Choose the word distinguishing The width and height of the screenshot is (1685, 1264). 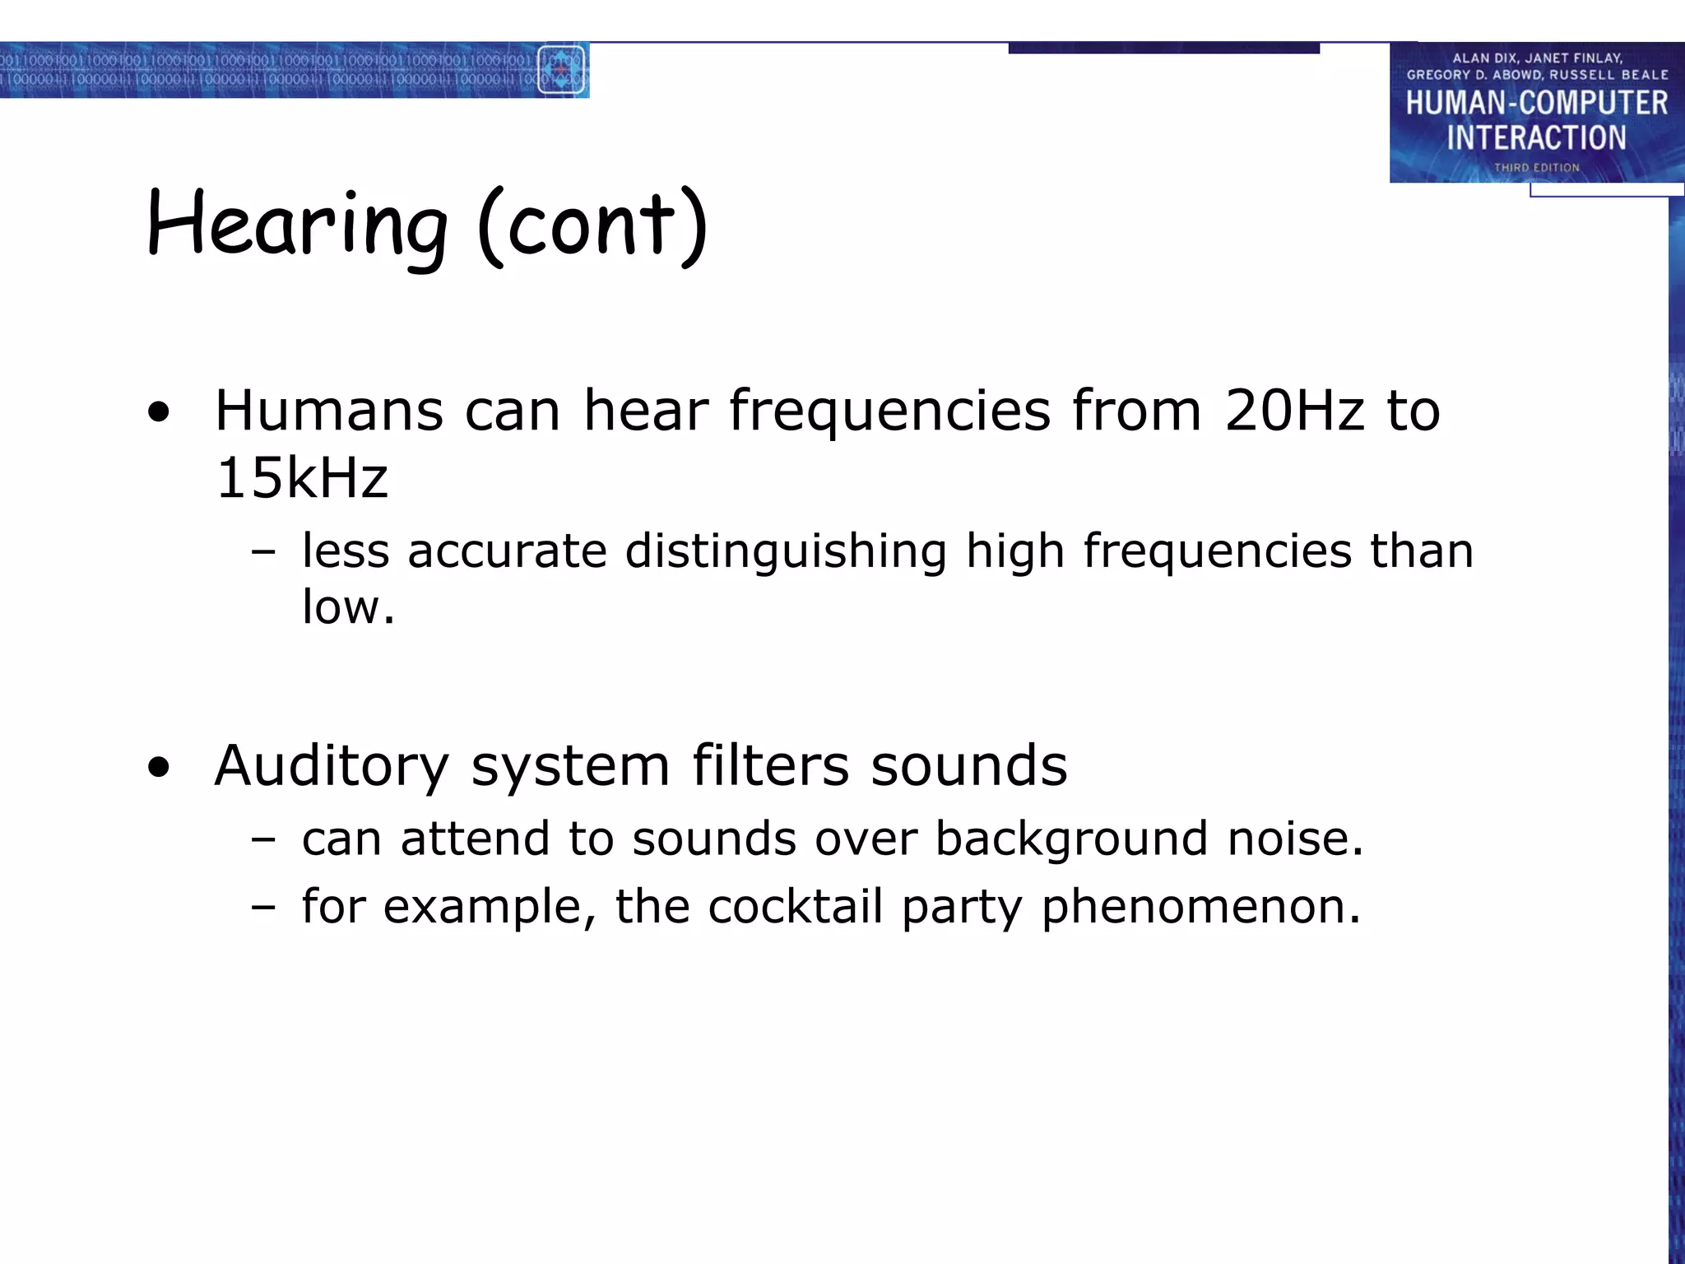coord(786,551)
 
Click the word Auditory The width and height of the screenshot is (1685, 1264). coord(332,765)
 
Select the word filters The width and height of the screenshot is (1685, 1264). coord(770,765)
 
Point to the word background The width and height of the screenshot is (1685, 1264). coord(1071,839)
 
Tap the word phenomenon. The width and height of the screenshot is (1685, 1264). coord(1201,907)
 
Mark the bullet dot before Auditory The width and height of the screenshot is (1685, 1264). coord(159,768)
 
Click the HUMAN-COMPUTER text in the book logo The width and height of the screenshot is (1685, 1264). coord(1536,103)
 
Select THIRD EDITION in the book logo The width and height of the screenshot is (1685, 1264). coord(1537,167)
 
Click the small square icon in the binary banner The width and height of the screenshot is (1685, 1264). coord(561,70)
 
